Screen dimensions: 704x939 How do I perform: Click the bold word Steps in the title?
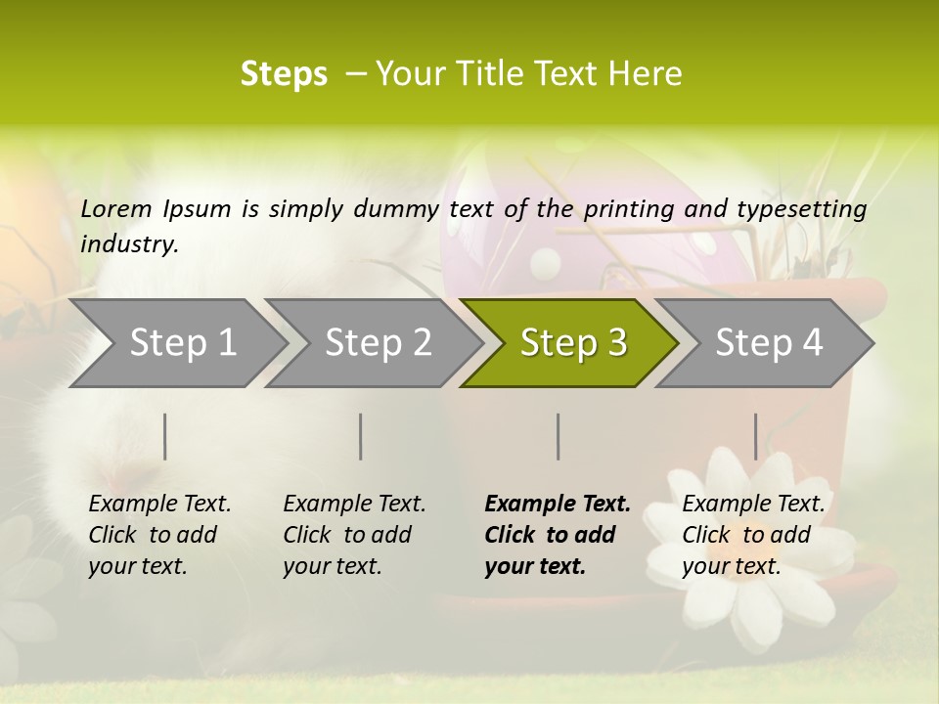pos(284,74)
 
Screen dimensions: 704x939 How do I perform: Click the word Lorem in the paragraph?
pos(116,208)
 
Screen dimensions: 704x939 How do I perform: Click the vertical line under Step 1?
pos(164,436)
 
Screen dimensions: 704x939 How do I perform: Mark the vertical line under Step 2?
pos(361,436)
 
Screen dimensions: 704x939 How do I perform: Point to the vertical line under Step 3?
pos(558,436)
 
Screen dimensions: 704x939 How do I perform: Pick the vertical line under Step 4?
pos(755,436)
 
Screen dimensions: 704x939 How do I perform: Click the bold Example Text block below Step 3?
pos(557,535)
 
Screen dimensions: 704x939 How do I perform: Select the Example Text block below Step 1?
pos(159,535)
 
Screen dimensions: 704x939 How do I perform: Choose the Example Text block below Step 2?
pos(354,535)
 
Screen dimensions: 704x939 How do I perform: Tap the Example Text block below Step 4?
pos(753,535)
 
